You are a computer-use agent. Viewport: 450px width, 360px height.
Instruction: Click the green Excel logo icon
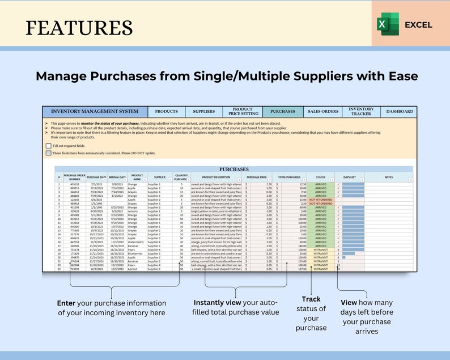[x=388, y=24]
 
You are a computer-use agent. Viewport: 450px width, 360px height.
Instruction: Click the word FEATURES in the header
[x=79, y=27]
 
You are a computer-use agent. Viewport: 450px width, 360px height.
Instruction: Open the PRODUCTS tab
[x=166, y=112]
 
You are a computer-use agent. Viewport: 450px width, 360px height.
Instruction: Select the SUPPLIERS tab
[x=203, y=112]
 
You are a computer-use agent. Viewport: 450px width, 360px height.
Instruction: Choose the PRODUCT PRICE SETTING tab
[x=243, y=112]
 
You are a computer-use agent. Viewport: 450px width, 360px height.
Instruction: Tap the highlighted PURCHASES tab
[x=283, y=112]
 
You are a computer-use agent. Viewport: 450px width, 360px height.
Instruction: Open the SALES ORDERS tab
[x=323, y=112]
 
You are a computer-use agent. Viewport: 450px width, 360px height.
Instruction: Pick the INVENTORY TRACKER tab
[x=361, y=112]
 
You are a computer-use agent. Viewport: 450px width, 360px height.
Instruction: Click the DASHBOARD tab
[x=400, y=112]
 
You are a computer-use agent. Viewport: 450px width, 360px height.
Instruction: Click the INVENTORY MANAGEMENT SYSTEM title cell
[x=95, y=112]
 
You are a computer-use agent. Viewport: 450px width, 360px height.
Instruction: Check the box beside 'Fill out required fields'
[x=48, y=146]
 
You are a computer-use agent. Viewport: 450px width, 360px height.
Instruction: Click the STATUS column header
[x=321, y=177]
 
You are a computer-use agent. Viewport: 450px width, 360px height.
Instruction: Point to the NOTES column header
[x=388, y=177]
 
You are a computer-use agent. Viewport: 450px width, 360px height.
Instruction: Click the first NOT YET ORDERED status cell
[x=321, y=200]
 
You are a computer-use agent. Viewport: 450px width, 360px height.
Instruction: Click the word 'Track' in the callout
[x=311, y=299]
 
